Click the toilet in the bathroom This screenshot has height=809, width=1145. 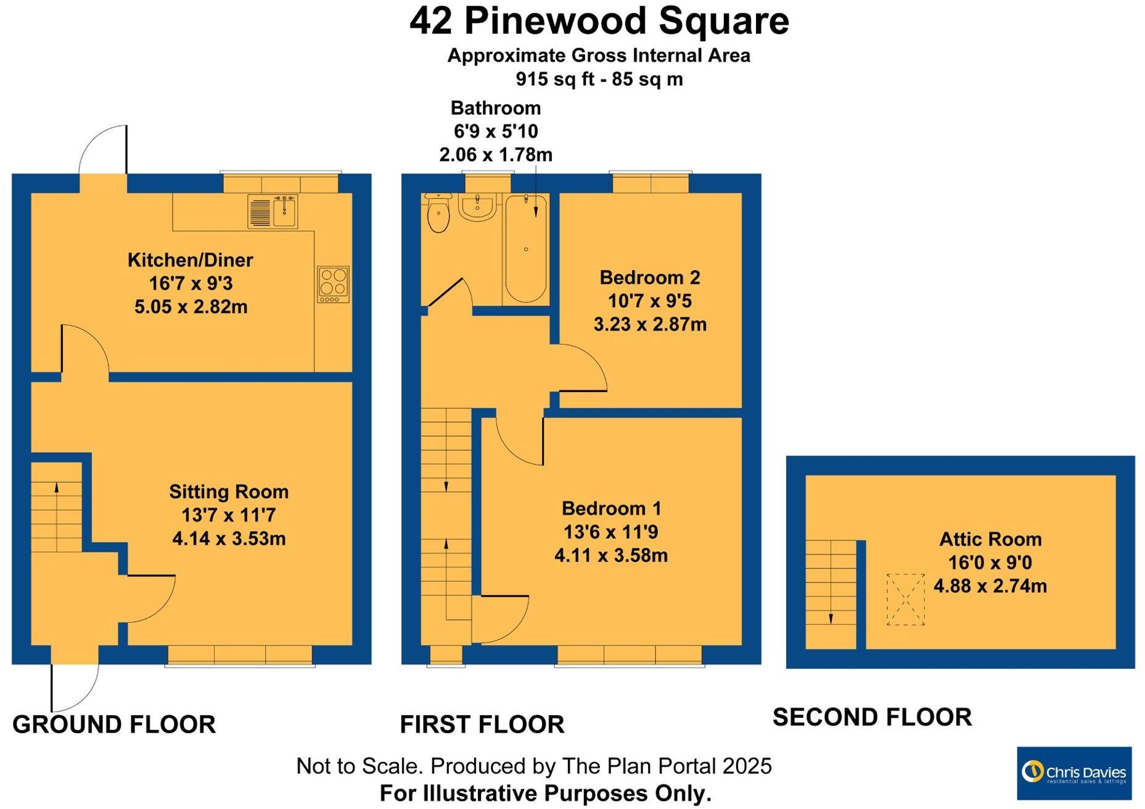[438, 215]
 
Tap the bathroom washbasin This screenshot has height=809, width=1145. [477, 207]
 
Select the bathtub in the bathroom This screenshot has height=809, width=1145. [525, 248]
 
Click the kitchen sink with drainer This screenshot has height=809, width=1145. [273, 211]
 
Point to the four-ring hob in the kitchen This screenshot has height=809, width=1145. [333, 284]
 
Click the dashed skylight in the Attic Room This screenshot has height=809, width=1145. [905, 599]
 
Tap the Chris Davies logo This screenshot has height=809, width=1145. [1073, 773]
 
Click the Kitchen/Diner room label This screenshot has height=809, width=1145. [190, 260]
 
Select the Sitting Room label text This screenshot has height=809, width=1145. [229, 491]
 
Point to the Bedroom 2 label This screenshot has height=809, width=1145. [650, 277]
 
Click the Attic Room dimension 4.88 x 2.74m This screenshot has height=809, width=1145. [990, 586]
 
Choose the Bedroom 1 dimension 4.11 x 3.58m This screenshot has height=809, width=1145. [611, 556]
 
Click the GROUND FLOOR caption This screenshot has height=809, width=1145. [114, 725]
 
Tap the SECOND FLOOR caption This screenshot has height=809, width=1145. [872, 717]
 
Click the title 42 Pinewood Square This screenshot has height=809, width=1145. [599, 21]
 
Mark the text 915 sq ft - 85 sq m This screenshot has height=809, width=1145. [599, 80]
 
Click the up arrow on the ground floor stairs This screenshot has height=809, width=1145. [57, 488]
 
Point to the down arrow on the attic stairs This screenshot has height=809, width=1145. [831, 618]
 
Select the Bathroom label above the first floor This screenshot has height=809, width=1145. [496, 108]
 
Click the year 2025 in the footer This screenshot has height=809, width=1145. [747, 766]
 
